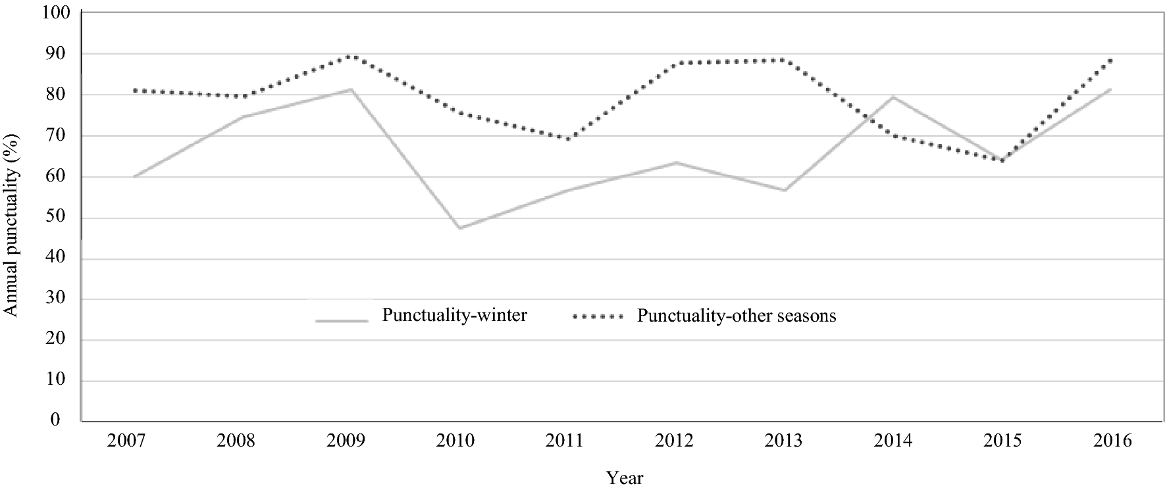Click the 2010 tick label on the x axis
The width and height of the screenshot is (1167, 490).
pos(455,441)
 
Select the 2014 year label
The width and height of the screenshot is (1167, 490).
pos(893,441)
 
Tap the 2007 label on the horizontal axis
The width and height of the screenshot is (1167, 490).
pos(126,441)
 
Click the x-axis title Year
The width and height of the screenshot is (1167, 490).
pos(625,478)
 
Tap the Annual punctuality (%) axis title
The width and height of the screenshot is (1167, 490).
pos(11,224)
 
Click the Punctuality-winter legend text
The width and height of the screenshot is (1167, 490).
pos(454,316)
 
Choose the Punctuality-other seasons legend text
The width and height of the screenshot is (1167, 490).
pos(737,316)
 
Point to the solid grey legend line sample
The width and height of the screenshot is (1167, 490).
pos(341,321)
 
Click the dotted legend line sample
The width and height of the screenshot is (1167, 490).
pos(598,317)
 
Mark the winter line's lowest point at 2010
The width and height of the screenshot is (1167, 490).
pos(459,228)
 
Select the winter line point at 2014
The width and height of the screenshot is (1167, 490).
pos(893,97)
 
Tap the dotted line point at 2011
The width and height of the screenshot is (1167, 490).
pos(567,139)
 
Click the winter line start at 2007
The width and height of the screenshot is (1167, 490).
pos(134,177)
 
